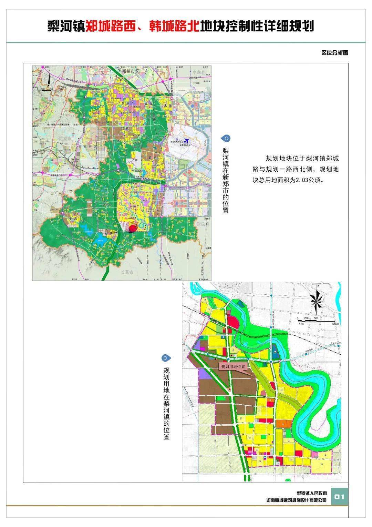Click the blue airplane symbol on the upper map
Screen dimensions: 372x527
click(187, 141)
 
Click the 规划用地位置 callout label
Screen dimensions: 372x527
click(233, 367)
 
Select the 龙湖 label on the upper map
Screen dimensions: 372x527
click(125, 103)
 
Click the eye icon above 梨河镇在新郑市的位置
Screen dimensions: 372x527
click(226, 139)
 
